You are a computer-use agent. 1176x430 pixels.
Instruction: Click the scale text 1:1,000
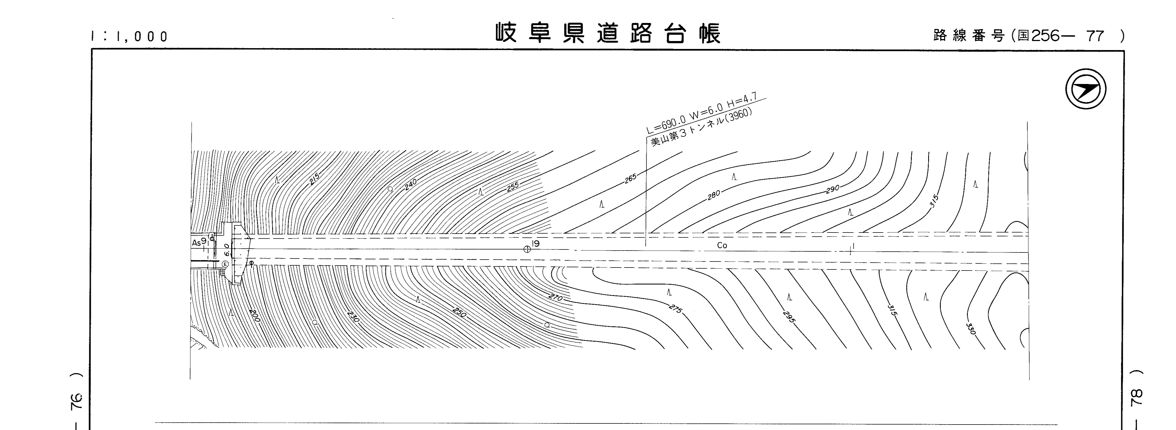[130, 37]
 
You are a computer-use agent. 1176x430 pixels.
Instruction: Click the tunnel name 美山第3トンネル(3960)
[701, 128]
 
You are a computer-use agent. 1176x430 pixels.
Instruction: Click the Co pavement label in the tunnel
[722, 246]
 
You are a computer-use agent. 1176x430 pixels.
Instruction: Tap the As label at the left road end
[196, 243]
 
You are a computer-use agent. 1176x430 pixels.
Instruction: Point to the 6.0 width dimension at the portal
[227, 250]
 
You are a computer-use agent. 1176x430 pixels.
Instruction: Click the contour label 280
[713, 195]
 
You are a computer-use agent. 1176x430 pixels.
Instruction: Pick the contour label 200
[254, 315]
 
